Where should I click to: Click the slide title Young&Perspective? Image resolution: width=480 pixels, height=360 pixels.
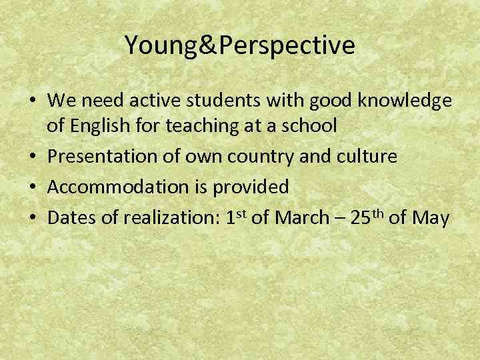[x=239, y=45]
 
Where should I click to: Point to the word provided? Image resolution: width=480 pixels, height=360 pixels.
[x=251, y=187]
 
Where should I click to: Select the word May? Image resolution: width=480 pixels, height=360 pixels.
[x=431, y=217]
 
